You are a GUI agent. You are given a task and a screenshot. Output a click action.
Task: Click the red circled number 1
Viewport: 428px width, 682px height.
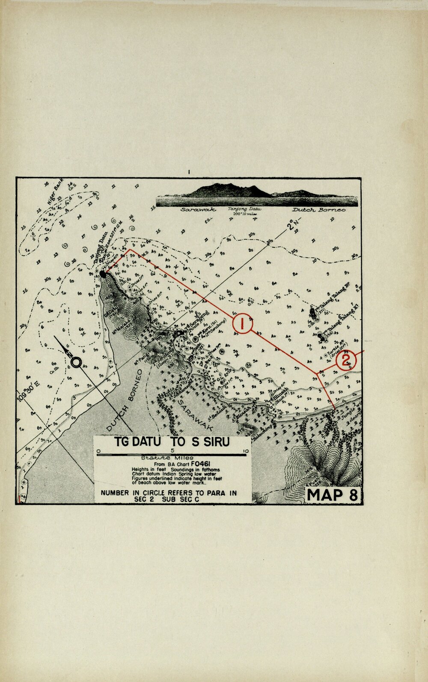242,323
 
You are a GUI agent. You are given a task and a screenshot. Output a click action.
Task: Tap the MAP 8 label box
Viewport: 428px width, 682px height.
332,494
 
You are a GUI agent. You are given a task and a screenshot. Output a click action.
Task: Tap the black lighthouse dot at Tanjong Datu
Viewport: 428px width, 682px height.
103,272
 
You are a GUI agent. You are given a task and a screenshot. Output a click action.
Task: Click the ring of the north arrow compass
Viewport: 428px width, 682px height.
76,362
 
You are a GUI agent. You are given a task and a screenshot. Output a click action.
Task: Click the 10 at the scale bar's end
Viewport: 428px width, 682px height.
245,451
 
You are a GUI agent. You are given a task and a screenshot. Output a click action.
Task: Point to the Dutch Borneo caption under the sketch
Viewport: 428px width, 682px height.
319,210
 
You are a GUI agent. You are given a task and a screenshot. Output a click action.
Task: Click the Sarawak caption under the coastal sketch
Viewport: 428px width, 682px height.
198,210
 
